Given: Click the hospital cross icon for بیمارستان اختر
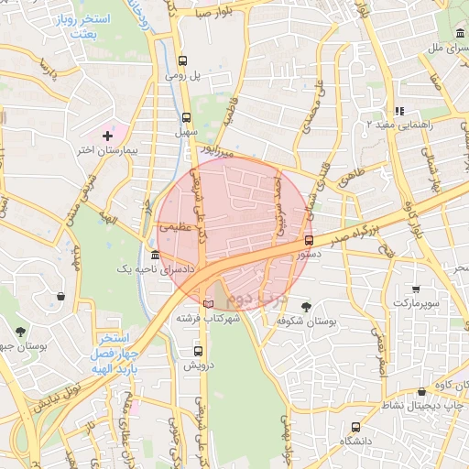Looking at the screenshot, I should coord(108,135).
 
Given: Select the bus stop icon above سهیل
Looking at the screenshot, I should coord(187,117).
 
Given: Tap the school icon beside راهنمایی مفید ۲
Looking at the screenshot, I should coord(399,110).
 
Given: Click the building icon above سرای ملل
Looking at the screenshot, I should coord(459,34).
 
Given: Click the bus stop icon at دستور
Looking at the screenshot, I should coord(308,241).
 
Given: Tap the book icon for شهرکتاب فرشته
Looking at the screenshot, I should coord(208,302).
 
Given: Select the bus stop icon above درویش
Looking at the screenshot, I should coord(198,351).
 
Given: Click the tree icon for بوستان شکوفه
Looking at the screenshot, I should coord(306,308).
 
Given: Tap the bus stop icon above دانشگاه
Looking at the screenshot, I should coord(355,426).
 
